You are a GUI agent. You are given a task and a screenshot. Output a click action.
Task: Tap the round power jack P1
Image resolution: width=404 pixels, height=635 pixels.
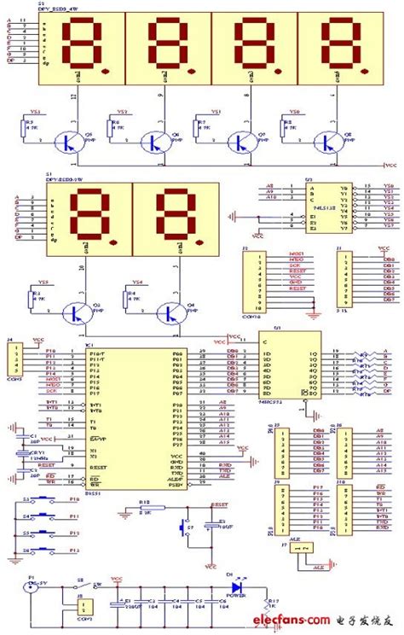tap(34, 589)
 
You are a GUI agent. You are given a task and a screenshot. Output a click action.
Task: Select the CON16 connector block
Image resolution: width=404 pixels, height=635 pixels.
tap(251, 282)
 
